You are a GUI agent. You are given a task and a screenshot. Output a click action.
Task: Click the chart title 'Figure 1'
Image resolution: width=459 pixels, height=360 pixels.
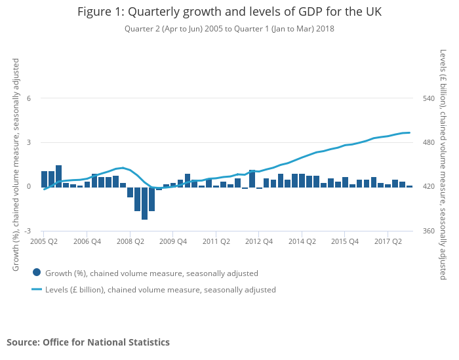pyautogui.click(x=229, y=12)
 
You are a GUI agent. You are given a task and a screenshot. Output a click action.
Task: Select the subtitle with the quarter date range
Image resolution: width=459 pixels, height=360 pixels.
pyautogui.click(x=229, y=29)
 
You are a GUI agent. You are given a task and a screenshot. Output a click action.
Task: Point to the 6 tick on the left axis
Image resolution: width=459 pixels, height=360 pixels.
pyautogui.click(x=28, y=98)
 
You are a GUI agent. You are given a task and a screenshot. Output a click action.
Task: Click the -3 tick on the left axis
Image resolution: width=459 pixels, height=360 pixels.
pyautogui.click(x=27, y=231)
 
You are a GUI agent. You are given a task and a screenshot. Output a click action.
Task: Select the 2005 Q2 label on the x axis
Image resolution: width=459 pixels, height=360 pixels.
pyautogui.click(x=44, y=241)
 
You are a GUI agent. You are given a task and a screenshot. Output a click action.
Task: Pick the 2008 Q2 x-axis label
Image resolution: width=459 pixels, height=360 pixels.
pyautogui.click(x=130, y=241)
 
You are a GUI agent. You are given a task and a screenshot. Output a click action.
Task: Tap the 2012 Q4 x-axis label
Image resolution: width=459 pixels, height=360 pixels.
pyautogui.click(x=259, y=241)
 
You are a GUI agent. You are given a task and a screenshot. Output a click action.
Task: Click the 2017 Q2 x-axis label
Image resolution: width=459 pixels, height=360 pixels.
pyautogui.click(x=388, y=241)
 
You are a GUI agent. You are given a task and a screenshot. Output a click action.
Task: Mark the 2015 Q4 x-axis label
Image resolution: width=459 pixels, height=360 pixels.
pyautogui.click(x=345, y=241)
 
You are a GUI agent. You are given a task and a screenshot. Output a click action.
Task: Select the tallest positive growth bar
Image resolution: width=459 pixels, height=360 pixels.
pyautogui.click(x=58, y=176)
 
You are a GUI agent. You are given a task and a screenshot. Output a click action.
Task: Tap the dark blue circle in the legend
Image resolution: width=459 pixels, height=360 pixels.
pyautogui.click(x=37, y=273)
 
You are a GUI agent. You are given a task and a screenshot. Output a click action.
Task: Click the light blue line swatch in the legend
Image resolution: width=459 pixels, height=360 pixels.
pyautogui.click(x=37, y=289)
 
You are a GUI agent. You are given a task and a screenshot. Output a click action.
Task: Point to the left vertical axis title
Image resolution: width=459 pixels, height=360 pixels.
pyautogui.click(x=16, y=164)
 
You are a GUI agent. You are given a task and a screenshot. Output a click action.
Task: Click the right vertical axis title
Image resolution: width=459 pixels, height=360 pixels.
pyautogui.click(x=443, y=164)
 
